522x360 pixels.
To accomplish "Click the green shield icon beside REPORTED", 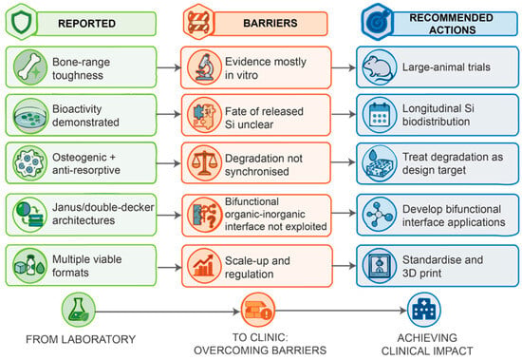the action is click(x=21, y=22).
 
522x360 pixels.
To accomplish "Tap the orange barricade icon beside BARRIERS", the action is click(x=198, y=22).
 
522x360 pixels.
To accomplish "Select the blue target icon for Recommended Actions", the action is click(x=378, y=22).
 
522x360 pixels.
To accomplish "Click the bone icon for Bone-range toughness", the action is click(x=30, y=67).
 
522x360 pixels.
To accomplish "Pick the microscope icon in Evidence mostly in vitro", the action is click(x=204, y=67).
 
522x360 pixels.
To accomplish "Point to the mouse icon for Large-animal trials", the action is click(x=380, y=67).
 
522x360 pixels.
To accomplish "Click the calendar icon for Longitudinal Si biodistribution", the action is click(x=380, y=115).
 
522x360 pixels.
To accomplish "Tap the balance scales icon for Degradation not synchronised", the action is click(x=204, y=163).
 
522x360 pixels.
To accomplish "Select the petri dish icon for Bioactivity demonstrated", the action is click(x=30, y=116).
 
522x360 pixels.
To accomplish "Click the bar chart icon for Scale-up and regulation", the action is click(x=204, y=266).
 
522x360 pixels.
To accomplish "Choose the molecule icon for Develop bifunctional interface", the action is click(x=380, y=214).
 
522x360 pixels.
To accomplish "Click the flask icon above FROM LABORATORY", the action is click(x=78, y=310).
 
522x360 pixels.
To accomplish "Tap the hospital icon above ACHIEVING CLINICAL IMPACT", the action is click(x=424, y=310).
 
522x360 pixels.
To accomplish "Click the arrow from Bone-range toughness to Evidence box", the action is click(x=168, y=67).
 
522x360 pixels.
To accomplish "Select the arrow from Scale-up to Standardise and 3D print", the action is click(x=344, y=266).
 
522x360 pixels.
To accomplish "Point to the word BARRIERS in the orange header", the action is click(x=270, y=23).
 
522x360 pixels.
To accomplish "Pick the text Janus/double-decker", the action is click(x=103, y=207).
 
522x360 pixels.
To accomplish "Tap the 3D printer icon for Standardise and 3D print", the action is click(x=380, y=266).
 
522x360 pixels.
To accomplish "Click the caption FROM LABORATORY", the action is click(x=81, y=339).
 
